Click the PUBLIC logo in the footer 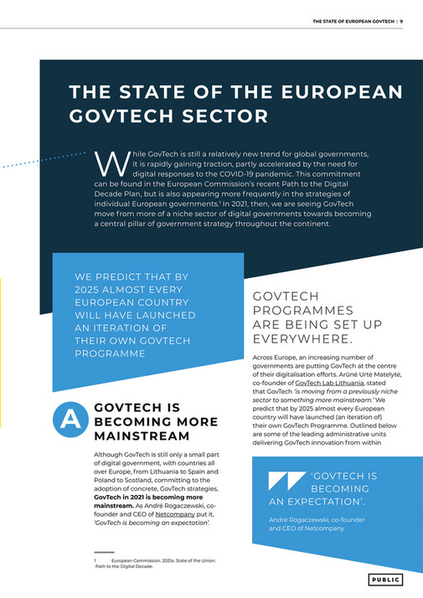coord(386,580)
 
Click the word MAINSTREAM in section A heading coord(142,436)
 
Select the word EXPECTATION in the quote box coord(324,502)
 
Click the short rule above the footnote coord(103,553)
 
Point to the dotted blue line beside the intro coord(46,159)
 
